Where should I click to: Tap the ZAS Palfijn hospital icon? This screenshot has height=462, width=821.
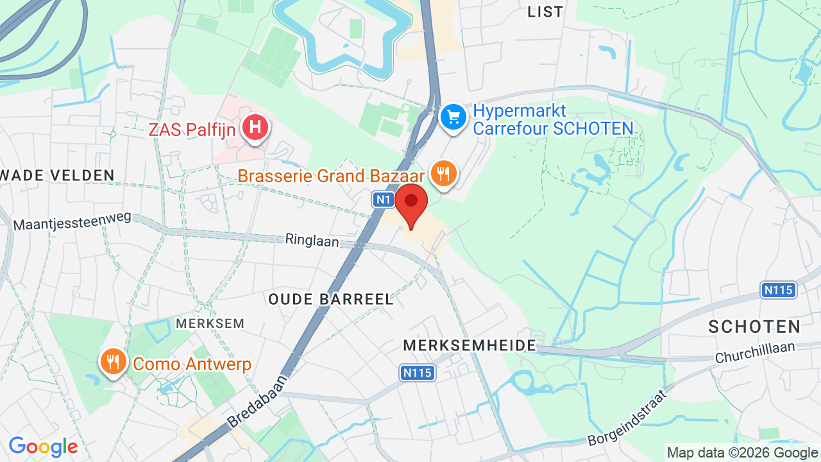pyautogui.click(x=255, y=126)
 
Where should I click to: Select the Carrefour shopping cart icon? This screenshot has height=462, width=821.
pyautogui.click(x=454, y=117)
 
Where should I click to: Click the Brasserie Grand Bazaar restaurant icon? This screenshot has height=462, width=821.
pyautogui.click(x=443, y=173)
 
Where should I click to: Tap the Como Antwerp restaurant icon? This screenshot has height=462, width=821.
pyautogui.click(x=113, y=361)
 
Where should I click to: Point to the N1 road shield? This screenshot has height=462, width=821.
pyautogui.click(x=383, y=200)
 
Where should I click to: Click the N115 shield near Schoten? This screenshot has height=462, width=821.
pyautogui.click(x=779, y=290)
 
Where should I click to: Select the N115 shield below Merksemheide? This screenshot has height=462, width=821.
pyautogui.click(x=418, y=373)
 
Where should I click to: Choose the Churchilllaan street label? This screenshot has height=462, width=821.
pyautogui.click(x=755, y=352)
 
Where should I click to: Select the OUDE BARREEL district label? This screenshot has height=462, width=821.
pyautogui.click(x=330, y=300)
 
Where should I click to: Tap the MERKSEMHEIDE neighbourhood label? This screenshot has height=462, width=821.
pyautogui.click(x=470, y=346)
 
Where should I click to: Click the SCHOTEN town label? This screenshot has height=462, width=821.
pyautogui.click(x=754, y=327)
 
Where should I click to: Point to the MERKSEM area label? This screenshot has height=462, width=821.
pyautogui.click(x=210, y=323)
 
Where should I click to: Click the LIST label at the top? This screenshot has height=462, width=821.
pyautogui.click(x=545, y=12)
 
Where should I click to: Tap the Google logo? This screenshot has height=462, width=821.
pyautogui.click(x=43, y=447)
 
